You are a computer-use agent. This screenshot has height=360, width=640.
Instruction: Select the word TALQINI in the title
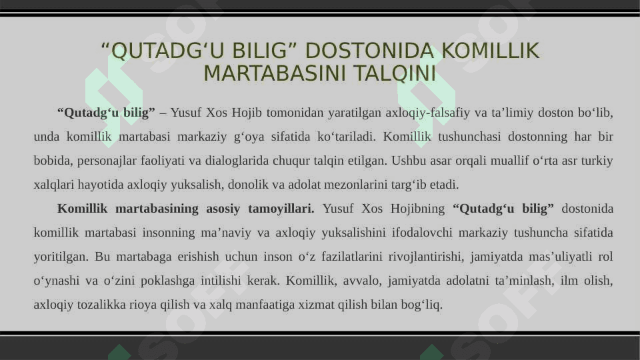(x=395, y=73)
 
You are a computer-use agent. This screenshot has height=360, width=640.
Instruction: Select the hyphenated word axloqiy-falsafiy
(x=428, y=113)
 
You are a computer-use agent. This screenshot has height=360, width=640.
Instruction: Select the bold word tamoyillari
(x=281, y=209)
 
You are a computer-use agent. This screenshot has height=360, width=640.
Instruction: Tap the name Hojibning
(x=417, y=209)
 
